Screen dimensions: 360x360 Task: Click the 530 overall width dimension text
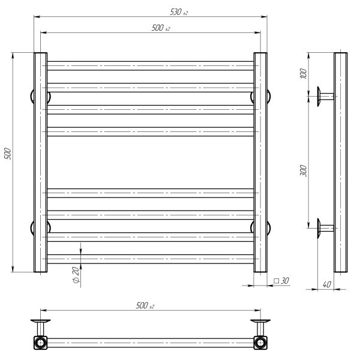click(179, 12)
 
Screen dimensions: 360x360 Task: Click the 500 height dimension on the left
click(8, 154)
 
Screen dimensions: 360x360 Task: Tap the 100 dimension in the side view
click(304, 73)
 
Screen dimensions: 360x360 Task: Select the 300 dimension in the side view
click(303, 170)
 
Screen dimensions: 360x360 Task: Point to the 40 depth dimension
click(327, 284)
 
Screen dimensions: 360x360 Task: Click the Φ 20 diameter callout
click(76, 275)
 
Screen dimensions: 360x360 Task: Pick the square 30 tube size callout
click(281, 281)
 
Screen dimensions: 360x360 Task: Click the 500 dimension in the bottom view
click(145, 305)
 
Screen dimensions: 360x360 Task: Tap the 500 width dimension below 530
click(161, 28)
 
